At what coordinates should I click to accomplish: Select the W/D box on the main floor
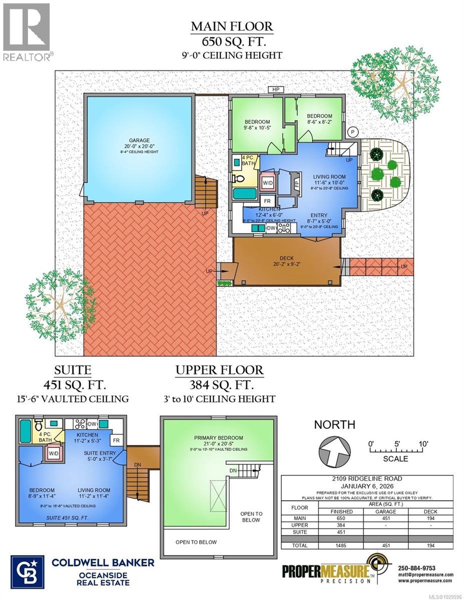[267, 182]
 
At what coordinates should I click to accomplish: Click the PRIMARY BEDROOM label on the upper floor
[219, 438]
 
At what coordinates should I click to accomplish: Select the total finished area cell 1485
[338, 545]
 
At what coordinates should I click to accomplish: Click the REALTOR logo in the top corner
[27, 32]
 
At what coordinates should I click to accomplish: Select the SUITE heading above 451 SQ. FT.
[73, 370]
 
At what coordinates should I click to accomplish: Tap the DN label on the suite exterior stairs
[138, 464]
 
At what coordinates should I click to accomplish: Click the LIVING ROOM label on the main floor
[329, 176]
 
